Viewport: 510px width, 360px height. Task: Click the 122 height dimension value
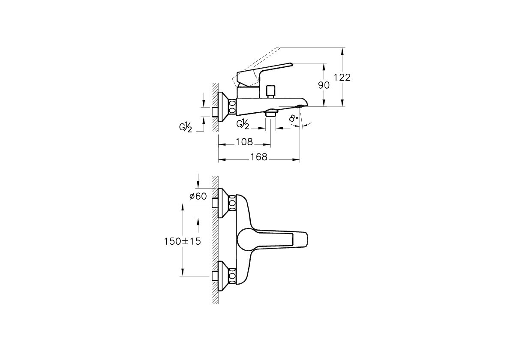coord(342,78)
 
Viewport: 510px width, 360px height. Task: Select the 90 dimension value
coord(324,85)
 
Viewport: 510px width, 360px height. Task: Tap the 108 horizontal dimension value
coord(244,142)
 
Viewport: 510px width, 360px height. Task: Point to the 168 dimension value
coord(259,157)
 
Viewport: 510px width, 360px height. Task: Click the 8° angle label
coord(293,118)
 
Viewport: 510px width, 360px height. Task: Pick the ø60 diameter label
coord(198,196)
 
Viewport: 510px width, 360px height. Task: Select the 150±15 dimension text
coord(182,241)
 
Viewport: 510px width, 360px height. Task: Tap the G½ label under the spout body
coord(243,124)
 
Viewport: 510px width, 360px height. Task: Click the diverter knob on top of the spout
coord(270,91)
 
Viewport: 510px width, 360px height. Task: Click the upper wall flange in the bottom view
coord(223,203)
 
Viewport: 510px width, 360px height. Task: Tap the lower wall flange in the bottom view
coord(223,276)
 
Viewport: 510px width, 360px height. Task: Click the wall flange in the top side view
coord(223,106)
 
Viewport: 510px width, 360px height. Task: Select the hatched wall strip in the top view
coord(215,107)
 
